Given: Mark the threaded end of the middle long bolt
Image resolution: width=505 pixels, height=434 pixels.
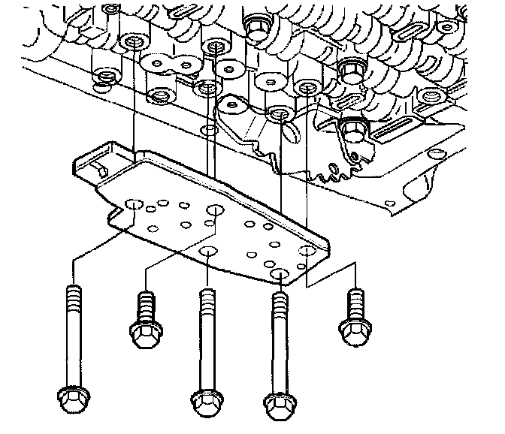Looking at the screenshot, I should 206,297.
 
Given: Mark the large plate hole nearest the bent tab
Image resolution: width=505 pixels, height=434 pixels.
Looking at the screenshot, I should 134,205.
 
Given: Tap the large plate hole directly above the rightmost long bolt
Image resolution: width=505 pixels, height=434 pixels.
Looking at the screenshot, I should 280,273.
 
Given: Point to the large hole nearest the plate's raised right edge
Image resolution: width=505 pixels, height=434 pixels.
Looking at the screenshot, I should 307,251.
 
